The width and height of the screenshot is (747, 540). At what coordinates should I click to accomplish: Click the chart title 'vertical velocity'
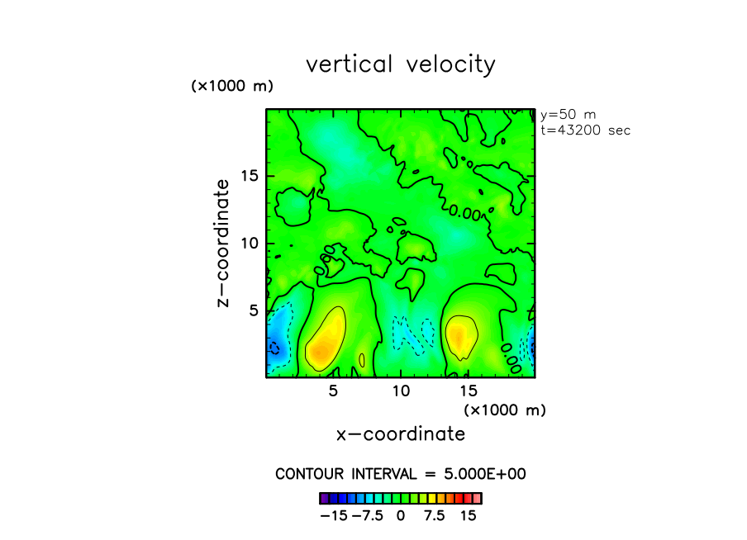[x=401, y=64]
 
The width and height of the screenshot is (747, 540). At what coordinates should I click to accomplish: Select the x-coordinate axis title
[x=401, y=433]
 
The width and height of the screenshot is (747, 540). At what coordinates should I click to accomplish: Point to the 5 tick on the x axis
[x=333, y=390]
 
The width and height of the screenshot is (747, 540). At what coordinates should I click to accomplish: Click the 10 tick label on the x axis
[x=401, y=390]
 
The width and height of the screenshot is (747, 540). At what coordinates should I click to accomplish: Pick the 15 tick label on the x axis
[x=469, y=390]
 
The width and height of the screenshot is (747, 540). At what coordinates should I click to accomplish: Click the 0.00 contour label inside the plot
[x=465, y=213]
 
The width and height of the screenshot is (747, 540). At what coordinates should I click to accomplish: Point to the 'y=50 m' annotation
[x=568, y=115]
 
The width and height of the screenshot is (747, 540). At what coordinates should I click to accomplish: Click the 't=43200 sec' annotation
[x=585, y=130]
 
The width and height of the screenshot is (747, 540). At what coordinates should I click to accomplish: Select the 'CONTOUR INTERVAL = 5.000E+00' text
[x=401, y=474]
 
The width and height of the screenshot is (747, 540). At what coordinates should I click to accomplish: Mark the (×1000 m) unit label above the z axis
[x=232, y=86]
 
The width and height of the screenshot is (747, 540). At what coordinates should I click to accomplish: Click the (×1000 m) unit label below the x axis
[x=505, y=410]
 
